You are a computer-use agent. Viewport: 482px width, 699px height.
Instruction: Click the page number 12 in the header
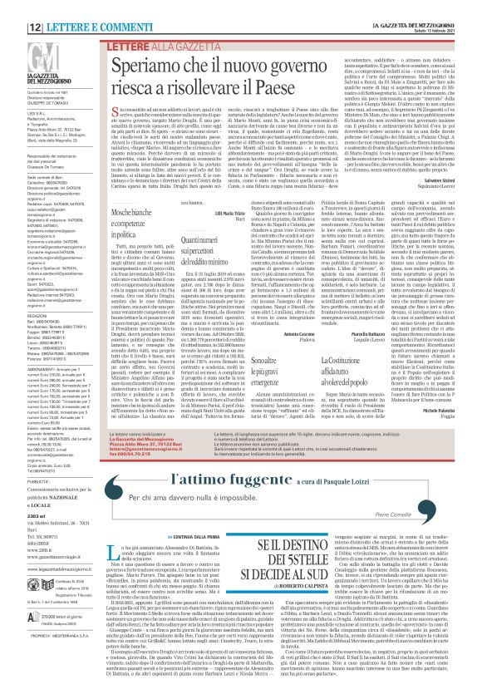(x=13, y=7)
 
